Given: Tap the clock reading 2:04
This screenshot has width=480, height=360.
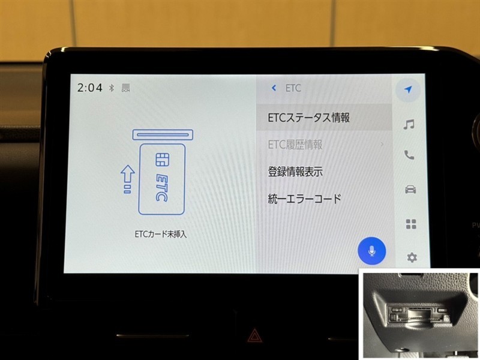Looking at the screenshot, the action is tap(89, 88).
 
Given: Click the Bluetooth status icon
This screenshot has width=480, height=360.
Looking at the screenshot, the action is tap(112, 88).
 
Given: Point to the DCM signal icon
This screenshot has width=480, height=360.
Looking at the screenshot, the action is tap(126, 88).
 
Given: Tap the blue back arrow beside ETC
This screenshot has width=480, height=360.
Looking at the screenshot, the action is tap(274, 88).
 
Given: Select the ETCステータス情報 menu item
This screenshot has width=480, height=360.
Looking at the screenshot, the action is tap(308, 118).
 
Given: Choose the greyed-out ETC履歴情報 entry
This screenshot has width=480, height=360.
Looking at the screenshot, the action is tap(295, 145).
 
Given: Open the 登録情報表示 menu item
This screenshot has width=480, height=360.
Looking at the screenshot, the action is tap(295, 172).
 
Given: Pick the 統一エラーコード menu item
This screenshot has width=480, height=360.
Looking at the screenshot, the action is tap(304, 199).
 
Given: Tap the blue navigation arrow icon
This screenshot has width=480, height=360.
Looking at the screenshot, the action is tap(408, 89).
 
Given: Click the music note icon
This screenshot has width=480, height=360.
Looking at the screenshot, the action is tap(409, 124).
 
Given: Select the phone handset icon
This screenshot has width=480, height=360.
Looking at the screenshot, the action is tap(409, 155).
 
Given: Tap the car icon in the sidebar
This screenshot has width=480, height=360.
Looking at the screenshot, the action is tap(410, 190).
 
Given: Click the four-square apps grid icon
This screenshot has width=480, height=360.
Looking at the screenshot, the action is tap(411, 224).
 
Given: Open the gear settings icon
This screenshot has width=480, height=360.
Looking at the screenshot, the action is tap(412, 257).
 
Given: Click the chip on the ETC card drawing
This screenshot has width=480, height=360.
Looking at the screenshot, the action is tap(162, 160).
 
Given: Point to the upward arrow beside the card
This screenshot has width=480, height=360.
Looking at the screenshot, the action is tap(128, 179).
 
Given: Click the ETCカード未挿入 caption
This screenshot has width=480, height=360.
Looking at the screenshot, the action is tap(161, 235).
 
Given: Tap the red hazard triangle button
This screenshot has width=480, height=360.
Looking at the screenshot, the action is tap(254, 335).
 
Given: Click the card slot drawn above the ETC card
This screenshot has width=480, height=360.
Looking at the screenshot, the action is tap(163, 134).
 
